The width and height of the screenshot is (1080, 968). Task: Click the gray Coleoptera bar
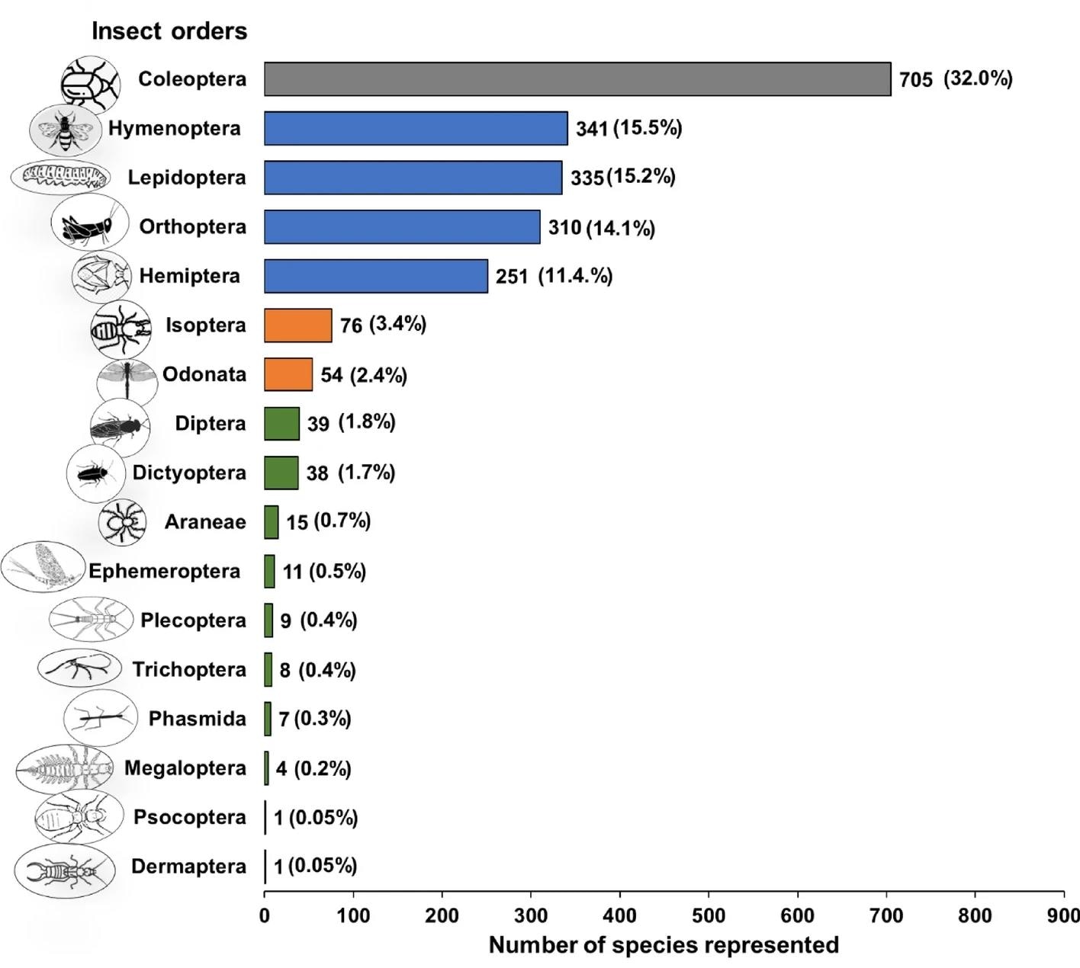(577, 79)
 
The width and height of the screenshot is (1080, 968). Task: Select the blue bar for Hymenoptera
(416, 128)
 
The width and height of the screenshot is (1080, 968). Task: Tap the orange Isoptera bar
(298, 325)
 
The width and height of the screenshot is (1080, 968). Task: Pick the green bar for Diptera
(281, 424)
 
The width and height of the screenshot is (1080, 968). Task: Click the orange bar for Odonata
(288, 374)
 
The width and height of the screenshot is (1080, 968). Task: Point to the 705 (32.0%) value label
(955, 79)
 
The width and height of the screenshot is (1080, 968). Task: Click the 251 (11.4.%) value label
(554, 276)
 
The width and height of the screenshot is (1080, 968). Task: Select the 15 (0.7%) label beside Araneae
(328, 522)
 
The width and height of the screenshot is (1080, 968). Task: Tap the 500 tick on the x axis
(709, 915)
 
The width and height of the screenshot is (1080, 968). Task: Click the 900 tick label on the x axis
(1063, 915)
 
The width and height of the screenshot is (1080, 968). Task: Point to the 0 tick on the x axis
(265, 915)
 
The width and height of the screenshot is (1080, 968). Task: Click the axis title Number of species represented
(664, 945)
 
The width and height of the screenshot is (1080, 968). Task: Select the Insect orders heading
(169, 31)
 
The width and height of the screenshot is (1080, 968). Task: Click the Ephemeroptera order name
(164, 572)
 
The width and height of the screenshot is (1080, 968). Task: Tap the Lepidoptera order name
(187, 178)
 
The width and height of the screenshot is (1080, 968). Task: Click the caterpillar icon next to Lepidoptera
(61, 178)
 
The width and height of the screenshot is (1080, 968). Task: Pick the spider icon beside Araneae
(122, 523)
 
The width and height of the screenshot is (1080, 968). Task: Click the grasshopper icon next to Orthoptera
(85, 226)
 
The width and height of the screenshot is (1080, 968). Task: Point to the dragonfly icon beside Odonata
(126, 378)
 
